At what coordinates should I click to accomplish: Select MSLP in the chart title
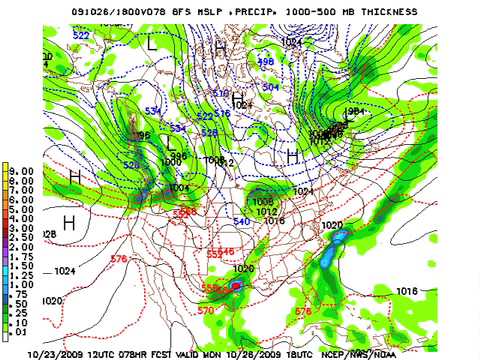(240, 11)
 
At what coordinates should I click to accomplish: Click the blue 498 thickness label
(266, 62)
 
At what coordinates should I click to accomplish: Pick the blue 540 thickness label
(241, 221)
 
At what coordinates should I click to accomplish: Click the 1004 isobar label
(179, 187)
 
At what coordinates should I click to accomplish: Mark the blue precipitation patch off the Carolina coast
(340, 237)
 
